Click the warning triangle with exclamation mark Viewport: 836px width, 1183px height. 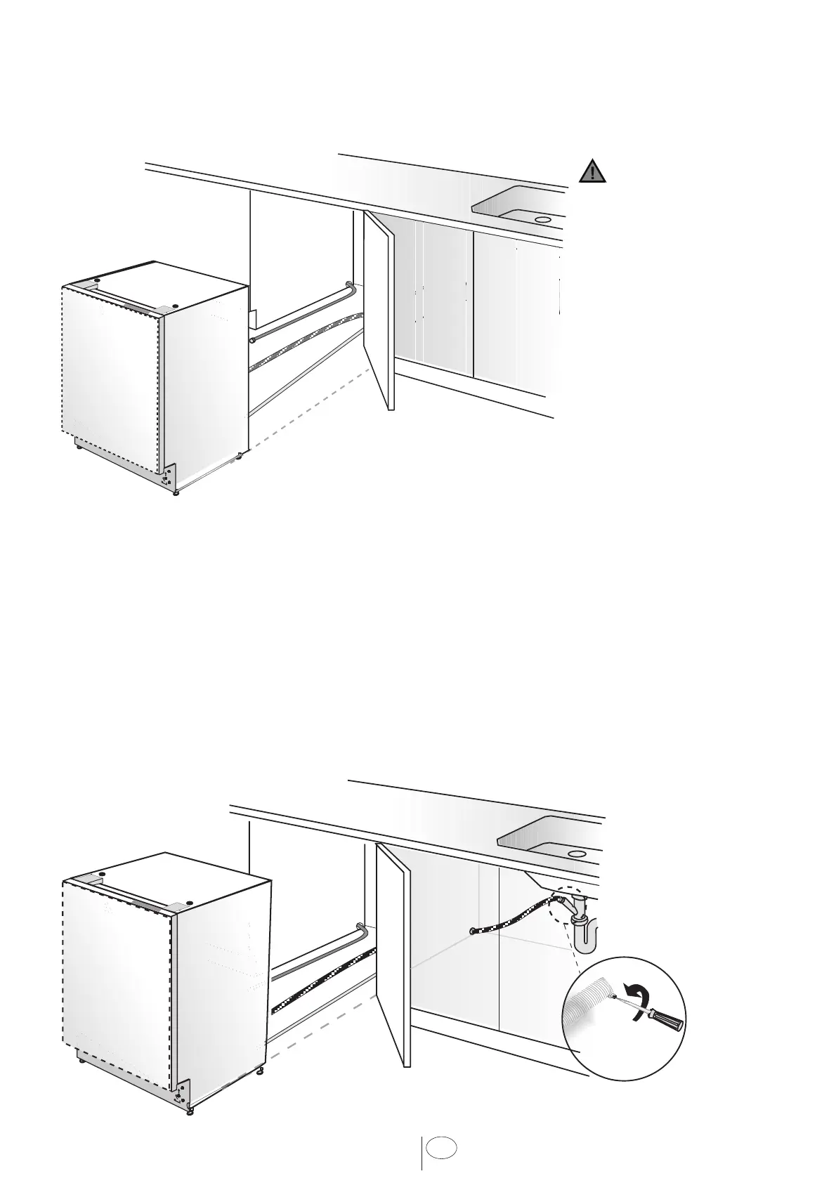[x=592, y=171]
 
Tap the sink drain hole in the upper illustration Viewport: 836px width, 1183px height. [x=542, y=219]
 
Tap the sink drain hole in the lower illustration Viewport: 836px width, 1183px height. [x=577, y=853]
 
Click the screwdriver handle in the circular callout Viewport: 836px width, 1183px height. [x=667, y=1019]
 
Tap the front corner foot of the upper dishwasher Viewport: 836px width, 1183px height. [x=175, y=492]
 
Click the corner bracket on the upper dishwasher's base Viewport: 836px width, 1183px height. [x=168, y=477]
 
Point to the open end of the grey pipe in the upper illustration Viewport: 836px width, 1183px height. [x=251, y=339]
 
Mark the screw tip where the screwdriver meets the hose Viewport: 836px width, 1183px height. [x=614, y=996]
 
